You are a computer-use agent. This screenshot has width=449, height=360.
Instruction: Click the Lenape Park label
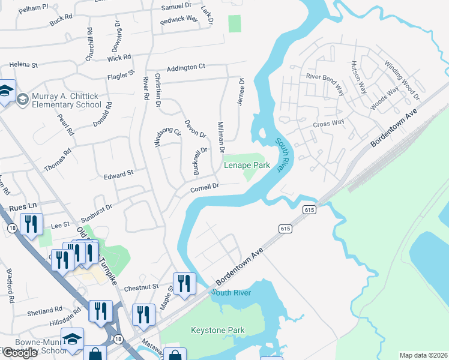246,165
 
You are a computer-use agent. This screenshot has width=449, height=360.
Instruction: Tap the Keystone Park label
217,330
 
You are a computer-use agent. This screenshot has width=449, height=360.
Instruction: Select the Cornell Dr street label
205,187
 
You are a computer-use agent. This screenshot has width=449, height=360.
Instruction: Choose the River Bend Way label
325,77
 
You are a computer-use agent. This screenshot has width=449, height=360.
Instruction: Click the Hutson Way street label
358,77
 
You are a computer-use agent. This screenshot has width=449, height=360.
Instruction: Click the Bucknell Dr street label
199,160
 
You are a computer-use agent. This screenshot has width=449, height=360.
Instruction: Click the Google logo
20,353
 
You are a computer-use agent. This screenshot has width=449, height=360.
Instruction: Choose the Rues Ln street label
24,205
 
